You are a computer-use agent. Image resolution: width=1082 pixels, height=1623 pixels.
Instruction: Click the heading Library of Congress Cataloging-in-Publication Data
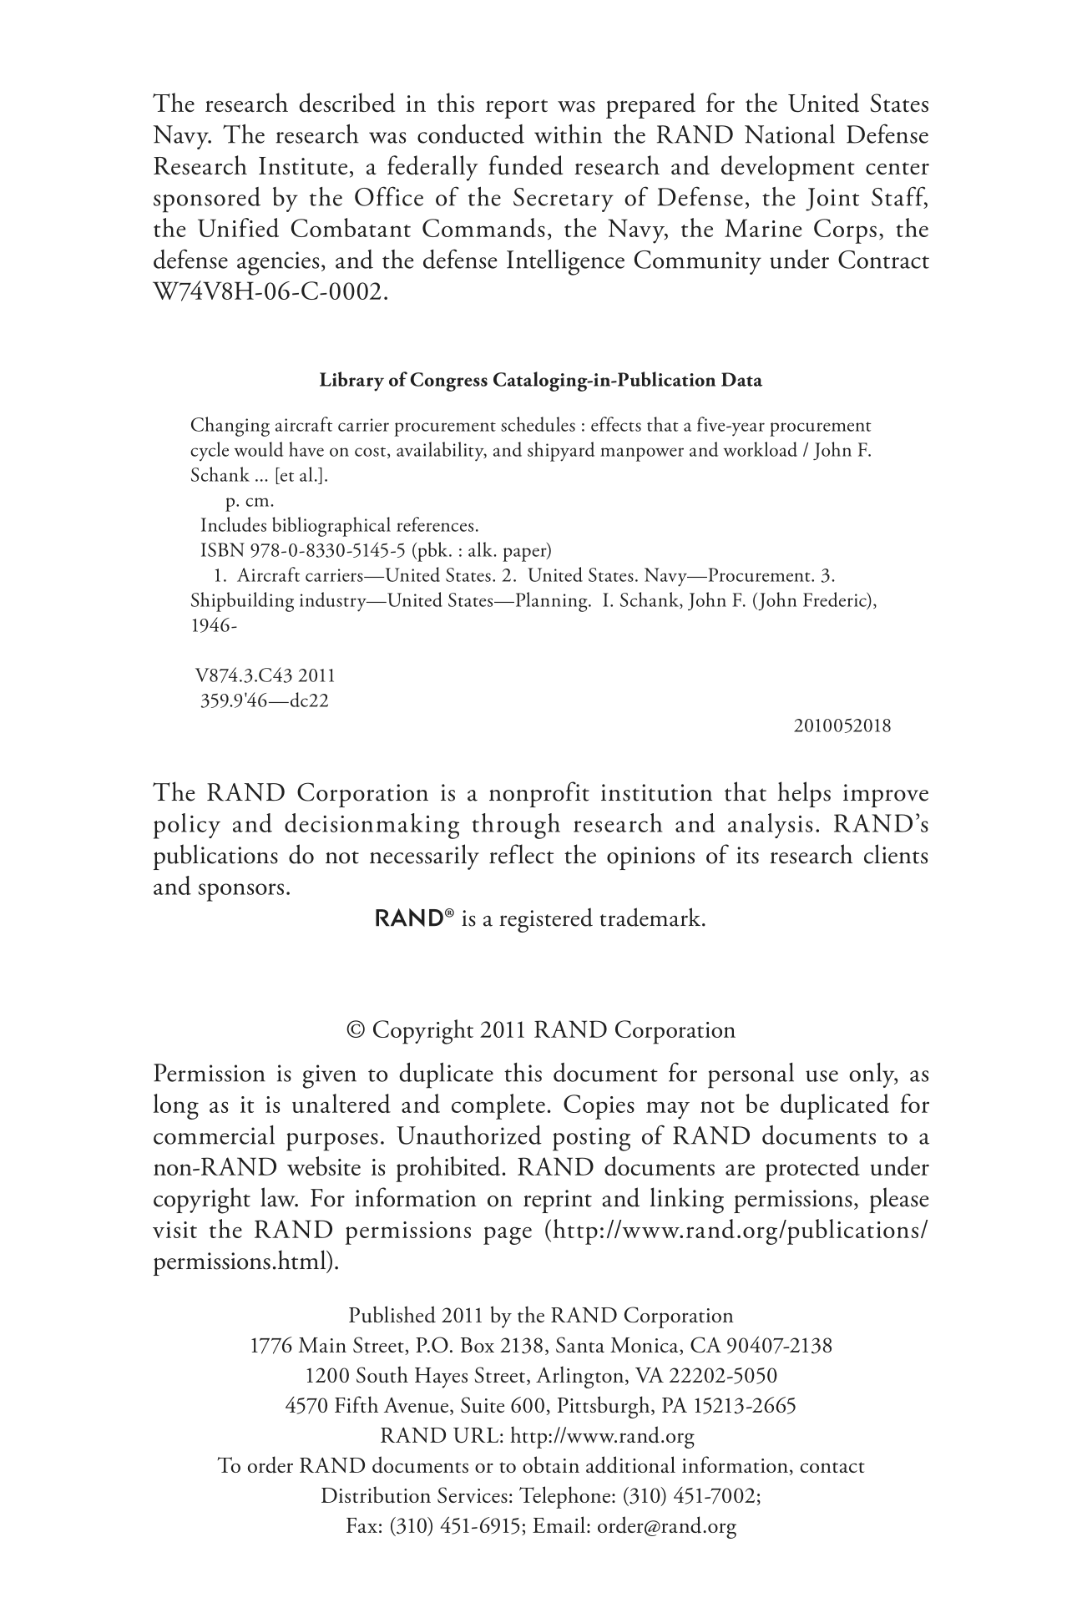[x=541, y=381]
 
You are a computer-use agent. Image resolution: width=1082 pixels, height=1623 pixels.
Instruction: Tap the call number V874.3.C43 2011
[x=265, y=675]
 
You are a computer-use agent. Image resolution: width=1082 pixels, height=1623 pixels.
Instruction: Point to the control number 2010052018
[x=842, y=726]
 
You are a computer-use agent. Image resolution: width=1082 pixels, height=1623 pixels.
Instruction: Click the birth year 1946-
[x=215, y=625]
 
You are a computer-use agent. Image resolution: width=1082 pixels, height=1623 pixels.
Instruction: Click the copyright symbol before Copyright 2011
[x=356, y=1030]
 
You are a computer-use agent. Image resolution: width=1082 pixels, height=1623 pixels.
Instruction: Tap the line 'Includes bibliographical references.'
[x=340, y=526]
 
